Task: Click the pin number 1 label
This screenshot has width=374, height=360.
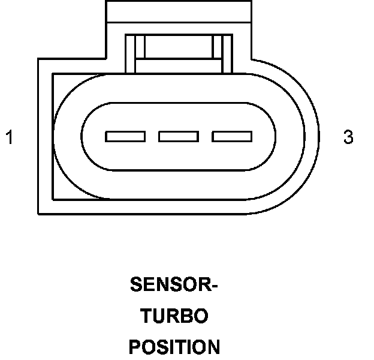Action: click(x=9, y=137)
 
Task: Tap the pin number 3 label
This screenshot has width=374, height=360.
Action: click(x=348, y=137)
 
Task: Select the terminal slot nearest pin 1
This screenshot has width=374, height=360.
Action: click(x=125, y=137)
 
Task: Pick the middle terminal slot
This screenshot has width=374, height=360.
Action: click(x=179, y=137)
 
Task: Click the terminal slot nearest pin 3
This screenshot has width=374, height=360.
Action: click(x=232, y=137)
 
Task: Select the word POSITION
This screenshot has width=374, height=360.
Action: click(x=174, y=347)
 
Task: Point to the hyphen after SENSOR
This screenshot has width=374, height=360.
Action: click(x=214, y=286)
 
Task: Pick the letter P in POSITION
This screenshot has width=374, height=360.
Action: click(x=135, y=347)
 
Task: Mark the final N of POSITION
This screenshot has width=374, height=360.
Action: click(x=213, y=347)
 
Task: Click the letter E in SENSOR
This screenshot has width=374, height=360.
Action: click(x=149, y=284)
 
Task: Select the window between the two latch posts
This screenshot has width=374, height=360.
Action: click(x=179, y=46)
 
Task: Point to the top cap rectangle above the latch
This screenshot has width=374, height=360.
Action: click(x=179, y=11)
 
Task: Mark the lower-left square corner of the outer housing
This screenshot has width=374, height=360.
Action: click(x=40, y=212)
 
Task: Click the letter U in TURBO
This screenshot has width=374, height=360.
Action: click(x=158, y=316)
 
